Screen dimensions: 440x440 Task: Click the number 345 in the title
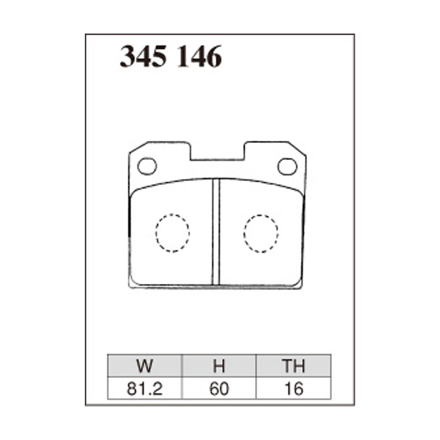coord(143,57)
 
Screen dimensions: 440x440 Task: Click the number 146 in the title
coord(199,57)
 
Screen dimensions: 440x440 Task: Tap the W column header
coord(145,366)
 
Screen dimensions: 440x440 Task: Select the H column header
coord(219,366)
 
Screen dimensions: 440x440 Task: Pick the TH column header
coord(294,366)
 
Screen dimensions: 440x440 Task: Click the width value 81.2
coord(145,388)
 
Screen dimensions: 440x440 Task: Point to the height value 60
coord(219,388)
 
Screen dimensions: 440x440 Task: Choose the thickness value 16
coord(294,388)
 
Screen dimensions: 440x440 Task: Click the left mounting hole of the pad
coord(147,166)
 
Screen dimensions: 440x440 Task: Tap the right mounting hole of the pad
coord(287,166)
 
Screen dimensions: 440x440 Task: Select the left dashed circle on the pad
coord(172,233)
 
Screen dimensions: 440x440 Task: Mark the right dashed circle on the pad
coord(261,233)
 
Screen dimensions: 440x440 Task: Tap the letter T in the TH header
coord(287,366)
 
